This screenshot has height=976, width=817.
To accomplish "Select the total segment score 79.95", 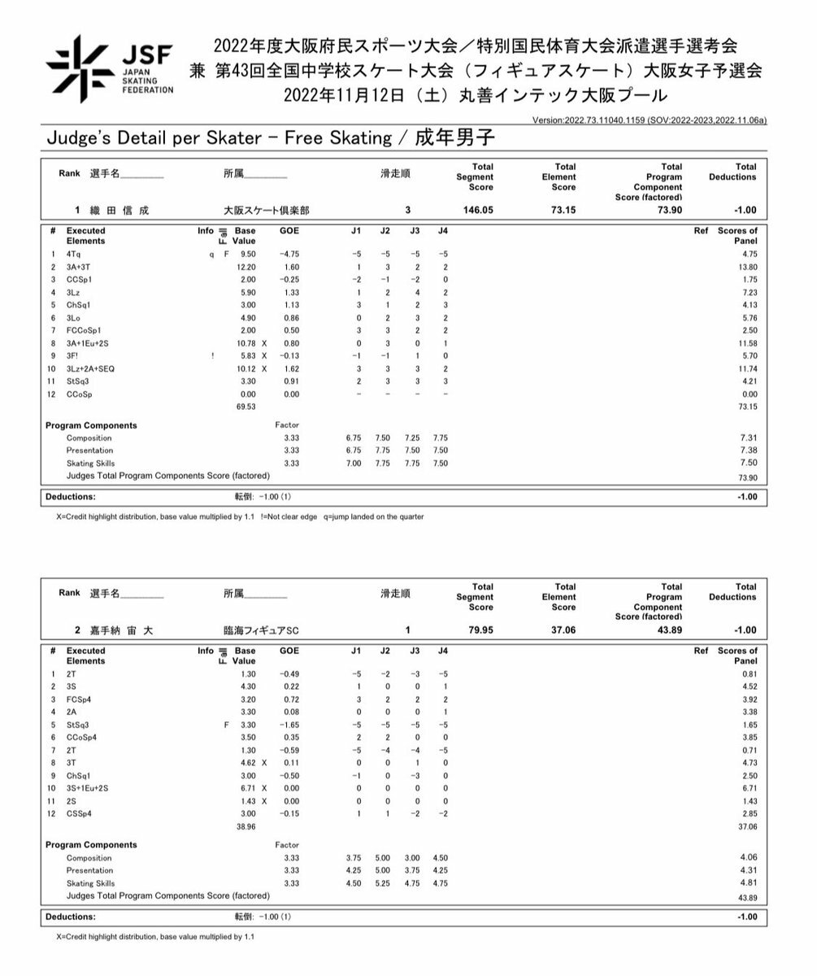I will [479, 630].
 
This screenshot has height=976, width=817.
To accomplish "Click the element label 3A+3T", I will [79, 267].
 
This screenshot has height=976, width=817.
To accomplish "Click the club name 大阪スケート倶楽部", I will [254, 211].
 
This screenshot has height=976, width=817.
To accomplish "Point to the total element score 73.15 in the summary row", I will [563, 210].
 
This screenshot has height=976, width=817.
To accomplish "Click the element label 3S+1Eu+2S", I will [87, 788].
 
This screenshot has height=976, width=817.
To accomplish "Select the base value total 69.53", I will [245, 407].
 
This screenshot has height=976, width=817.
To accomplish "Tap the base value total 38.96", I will [245, 826].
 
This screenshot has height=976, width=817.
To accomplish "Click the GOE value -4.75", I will [289, 255].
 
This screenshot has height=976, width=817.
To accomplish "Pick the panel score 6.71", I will [749, 788].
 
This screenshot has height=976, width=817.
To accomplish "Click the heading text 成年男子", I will [454, 137].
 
